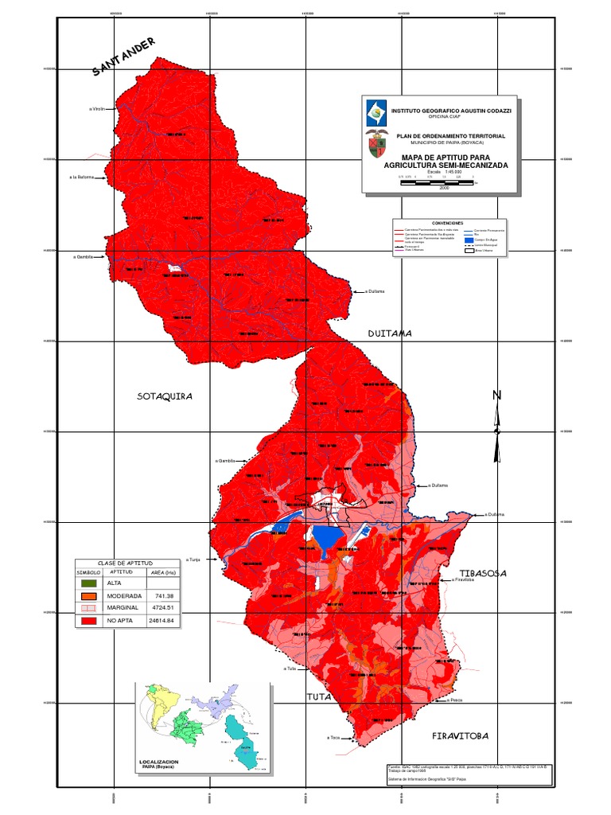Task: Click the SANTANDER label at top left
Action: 124,57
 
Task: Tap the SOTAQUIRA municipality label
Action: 165,396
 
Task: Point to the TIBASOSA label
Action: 483,572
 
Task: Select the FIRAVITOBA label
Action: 460,735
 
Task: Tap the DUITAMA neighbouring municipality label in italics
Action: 390,333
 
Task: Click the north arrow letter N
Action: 497,396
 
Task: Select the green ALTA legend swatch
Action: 88,583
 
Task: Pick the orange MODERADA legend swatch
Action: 88,595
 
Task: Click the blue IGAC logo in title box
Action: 375,112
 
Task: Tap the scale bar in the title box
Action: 437,182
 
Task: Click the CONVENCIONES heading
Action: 447,223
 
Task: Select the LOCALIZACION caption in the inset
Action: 159,762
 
